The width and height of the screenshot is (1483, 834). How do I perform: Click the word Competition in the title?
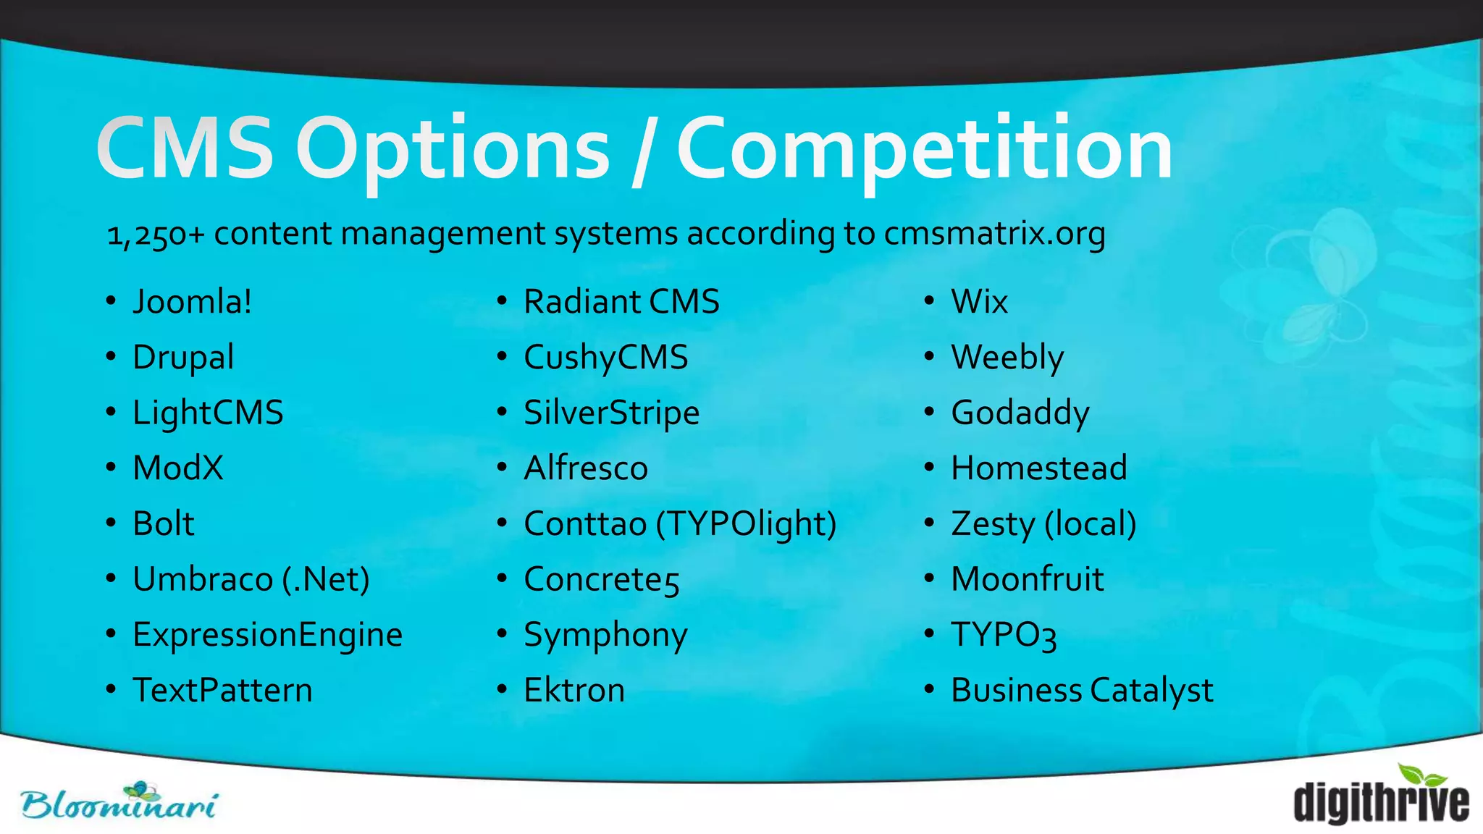(925, 150)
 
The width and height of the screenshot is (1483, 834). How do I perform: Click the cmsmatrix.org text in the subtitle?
(994, 234)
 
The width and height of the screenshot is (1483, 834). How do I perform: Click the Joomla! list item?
(193, 302)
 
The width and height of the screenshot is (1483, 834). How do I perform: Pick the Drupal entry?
(183, 358)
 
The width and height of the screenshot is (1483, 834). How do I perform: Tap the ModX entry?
(178, 468)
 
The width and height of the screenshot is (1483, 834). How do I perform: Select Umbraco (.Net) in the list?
(251, 579)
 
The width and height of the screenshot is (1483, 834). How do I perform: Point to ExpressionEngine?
(267, 635)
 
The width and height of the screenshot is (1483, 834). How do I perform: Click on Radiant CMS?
(621, 302)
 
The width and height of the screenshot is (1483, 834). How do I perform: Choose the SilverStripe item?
(611, 413)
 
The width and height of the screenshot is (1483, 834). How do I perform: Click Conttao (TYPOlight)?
(680, 524)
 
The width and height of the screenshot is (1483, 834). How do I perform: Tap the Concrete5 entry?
(601, 580)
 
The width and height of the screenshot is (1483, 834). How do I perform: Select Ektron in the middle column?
(574, 691)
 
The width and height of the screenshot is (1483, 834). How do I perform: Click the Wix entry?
(979, 302)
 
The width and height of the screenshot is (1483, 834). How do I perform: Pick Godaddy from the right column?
(1020, 413)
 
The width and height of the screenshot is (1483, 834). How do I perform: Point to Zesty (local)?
(1043, 524)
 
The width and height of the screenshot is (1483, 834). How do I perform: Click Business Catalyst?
(1082, 691)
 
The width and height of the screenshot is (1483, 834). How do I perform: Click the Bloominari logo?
(119, 802)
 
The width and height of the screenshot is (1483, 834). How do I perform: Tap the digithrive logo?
(1381, 796)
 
